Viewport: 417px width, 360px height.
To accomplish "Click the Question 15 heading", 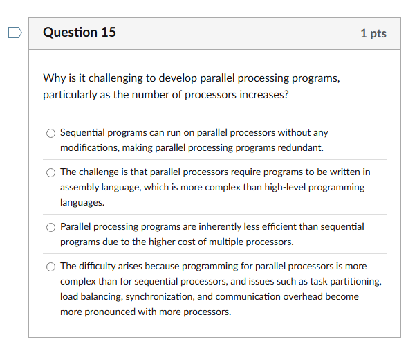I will tap(79, 33).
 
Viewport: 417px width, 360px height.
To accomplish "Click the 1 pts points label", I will tap(373, 33).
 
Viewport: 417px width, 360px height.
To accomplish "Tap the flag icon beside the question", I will tap(15, 33).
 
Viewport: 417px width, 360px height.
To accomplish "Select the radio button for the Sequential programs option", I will tap(50, 133).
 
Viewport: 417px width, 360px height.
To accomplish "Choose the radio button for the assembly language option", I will tap(50, 172).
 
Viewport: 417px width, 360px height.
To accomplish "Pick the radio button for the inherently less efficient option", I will tap(50, 227).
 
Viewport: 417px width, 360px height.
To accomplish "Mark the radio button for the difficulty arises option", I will tap(50, 267).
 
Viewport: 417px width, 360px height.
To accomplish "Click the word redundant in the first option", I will tap(299, 147).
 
